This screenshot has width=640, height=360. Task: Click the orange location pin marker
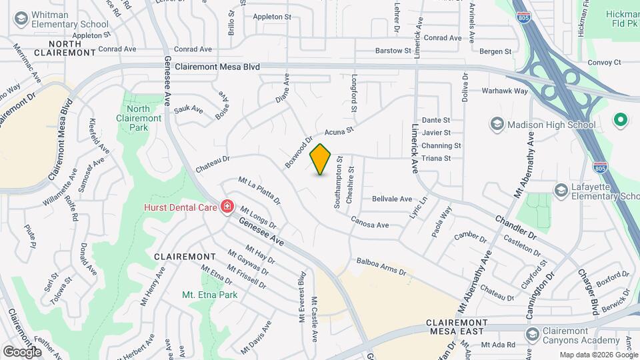[321, 159]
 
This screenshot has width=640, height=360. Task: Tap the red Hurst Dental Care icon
[227, 207]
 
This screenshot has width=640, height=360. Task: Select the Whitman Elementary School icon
[21, 18]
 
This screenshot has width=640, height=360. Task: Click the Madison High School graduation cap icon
[496, 125]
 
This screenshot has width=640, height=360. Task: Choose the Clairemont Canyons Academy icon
[532, 333]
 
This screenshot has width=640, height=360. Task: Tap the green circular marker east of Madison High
[621, 121]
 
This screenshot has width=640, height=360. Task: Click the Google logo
[22, 351]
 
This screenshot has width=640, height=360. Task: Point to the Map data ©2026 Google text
[599, 355]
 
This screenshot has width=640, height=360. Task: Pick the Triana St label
[437, 159]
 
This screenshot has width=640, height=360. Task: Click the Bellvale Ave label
[392, 199]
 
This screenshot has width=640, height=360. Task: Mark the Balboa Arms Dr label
[381, 267]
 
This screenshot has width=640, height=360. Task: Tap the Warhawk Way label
[505, 91]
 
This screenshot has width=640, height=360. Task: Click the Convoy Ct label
[605, 63]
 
